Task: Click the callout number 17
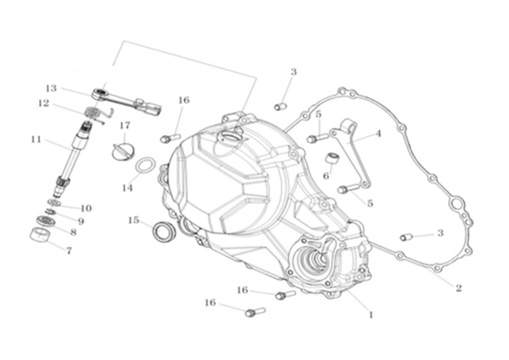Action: point(125,126)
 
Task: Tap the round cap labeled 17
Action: point(123,151)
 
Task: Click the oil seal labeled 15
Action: point(164,231)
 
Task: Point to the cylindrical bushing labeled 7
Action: point(40,234)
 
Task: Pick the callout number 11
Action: point(36,140)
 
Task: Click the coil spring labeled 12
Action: point(94,113)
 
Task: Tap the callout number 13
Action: point(51,88)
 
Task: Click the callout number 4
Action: point(378,133)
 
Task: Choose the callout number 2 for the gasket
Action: point(458,288)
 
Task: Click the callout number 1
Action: point(370,315)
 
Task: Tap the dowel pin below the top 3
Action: point(280,106)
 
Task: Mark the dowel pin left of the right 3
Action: point(406,237)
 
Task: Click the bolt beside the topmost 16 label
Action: point(170,138)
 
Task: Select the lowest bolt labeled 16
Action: point(255,312)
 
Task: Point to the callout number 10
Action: point(86,208)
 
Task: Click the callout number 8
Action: point(73,232)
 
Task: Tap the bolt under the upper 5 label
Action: point(318,138)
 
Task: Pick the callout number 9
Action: point(81,221)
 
